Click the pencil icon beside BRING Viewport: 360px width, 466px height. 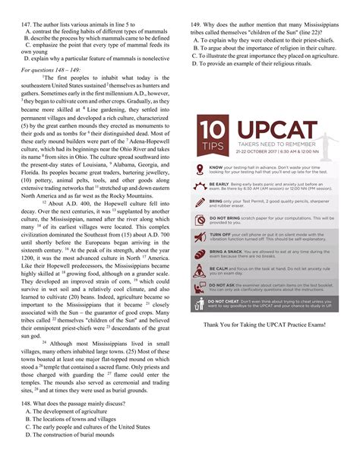(x=199, y=202)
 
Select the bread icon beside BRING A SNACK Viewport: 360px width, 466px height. (x=199, y=253)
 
